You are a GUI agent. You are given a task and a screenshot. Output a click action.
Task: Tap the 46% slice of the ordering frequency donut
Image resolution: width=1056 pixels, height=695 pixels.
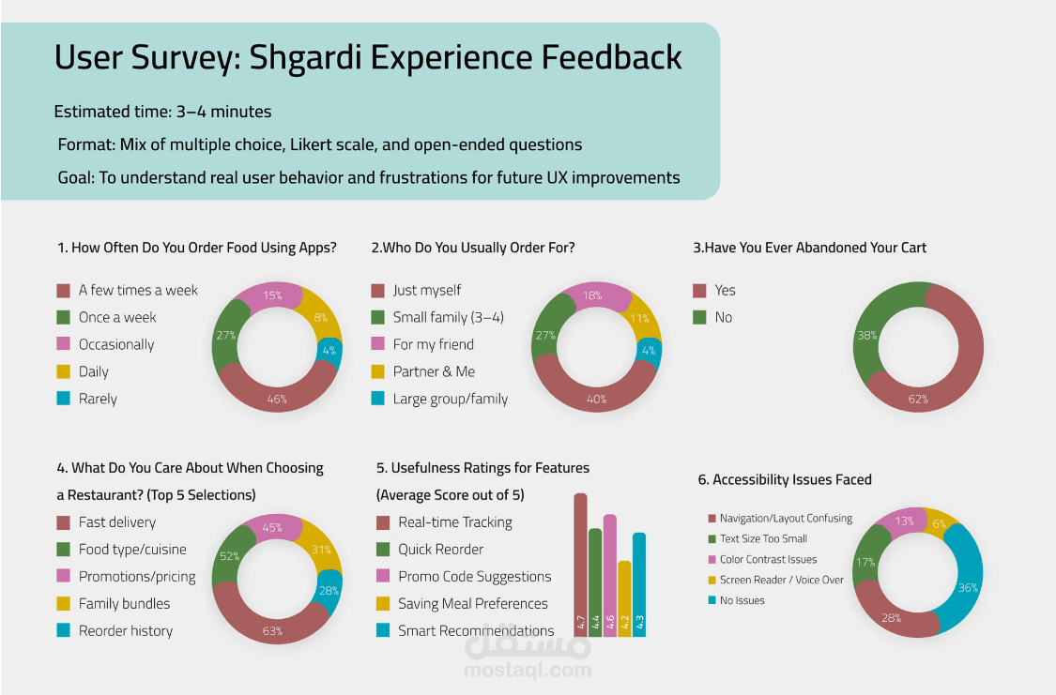click(277, 394)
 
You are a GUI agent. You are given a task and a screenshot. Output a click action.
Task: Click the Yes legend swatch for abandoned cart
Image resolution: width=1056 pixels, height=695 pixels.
click(698, 290)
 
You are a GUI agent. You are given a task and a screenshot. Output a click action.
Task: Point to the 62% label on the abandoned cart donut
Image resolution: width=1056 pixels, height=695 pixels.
click(918, 400)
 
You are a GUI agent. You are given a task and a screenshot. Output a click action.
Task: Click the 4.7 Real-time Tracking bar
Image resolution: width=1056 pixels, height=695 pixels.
click(580, 563)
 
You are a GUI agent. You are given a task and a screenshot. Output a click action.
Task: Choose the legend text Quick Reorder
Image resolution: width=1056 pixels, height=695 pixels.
click(440, 550)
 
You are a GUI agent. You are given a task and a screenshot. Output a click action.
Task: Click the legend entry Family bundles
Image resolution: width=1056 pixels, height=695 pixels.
click(124, 604)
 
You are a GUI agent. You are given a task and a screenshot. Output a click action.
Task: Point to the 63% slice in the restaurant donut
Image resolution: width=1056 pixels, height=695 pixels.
click(272, 624)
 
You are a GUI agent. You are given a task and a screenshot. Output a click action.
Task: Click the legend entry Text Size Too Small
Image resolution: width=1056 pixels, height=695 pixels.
click(763, 539)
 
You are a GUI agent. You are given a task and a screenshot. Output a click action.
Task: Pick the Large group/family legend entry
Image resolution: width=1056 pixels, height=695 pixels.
click(450, 399)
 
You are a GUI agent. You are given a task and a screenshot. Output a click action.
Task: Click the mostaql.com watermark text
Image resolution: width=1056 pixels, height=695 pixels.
click(528, 670)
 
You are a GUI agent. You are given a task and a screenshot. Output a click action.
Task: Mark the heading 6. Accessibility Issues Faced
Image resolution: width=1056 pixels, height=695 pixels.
click(785, 479)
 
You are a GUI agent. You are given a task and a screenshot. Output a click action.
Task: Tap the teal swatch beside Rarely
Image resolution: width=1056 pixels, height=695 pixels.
click(63, 399)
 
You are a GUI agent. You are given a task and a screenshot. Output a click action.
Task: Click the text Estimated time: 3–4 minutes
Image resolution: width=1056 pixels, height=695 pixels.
click(162, 112)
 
